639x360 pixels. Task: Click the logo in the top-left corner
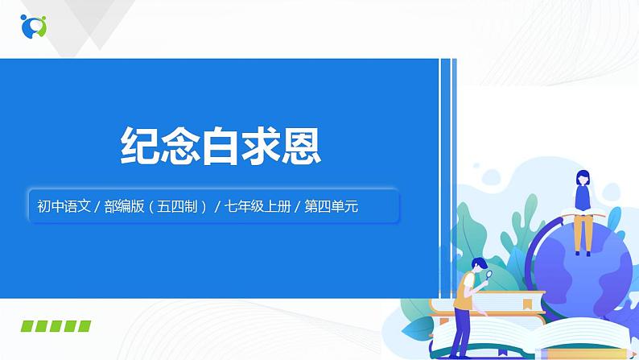(x=33, y=26)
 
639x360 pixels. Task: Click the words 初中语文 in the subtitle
(x=61, y=206)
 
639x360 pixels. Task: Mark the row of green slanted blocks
(x=55, y=326)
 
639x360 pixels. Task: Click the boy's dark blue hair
(x=479, y=263)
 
